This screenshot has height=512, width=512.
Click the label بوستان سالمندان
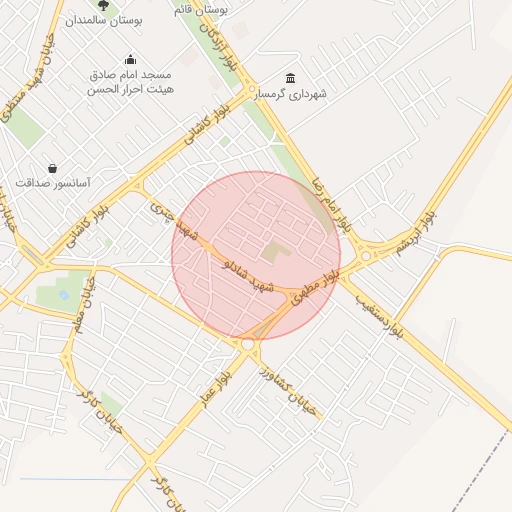[x=104, y=20]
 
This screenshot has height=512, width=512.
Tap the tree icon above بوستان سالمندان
[x=104, y=5]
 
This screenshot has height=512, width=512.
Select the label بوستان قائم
[x=201, y=8]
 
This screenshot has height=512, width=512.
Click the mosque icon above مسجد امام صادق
[x=130, y=60]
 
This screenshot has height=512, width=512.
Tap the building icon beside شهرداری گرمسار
[x=291, y=79]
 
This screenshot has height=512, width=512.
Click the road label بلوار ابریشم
[x=416, y=232]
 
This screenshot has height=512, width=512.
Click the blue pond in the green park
[x=65, y=296]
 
